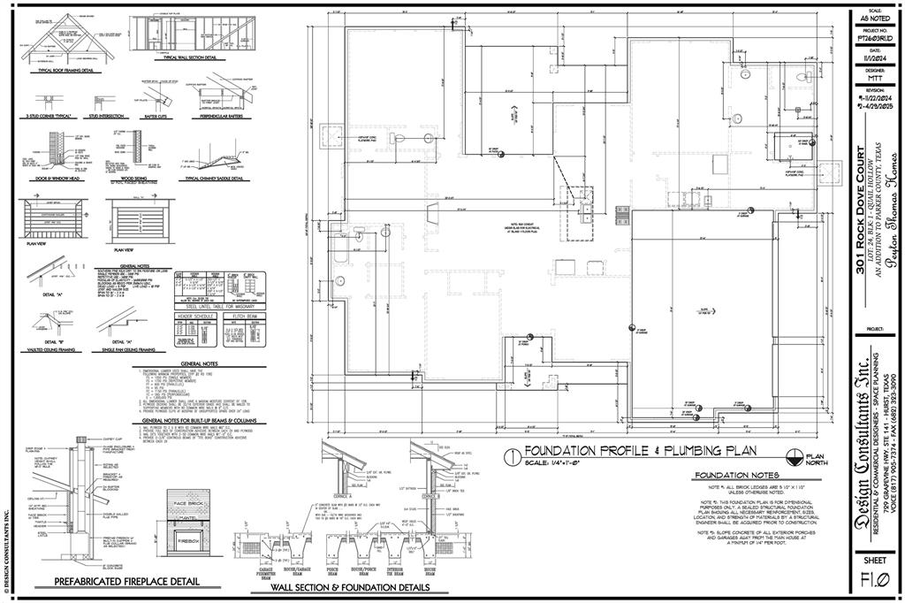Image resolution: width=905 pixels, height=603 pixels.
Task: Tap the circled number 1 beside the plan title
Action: pos(511,456)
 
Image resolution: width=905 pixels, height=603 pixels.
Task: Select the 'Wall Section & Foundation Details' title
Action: pos(349,587)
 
